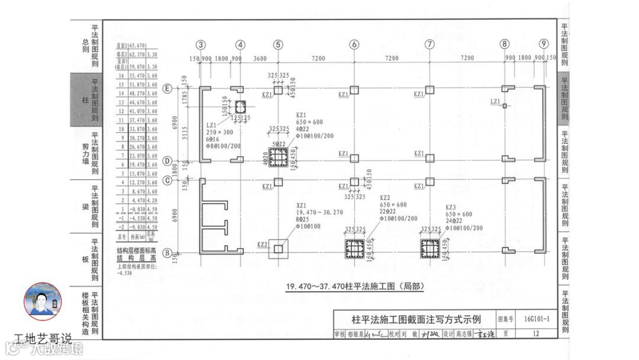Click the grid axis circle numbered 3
[x=201, y=44]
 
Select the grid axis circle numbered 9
[x=544, y=44]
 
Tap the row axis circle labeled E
[x=168, y=89]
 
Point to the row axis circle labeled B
[x=168, y=253]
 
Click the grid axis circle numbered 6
[x=354, y=44]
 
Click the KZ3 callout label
[x=451, y=207]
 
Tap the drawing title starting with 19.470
[x=355, y=287]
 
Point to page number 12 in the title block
[x=536, y=334]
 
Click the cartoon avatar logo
[x=43, y=302]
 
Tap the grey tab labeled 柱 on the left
[x=86, y=100]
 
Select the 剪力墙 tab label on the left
[x=86, y=153]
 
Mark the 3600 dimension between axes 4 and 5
[x=259, y=58]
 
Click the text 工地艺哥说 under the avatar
[x=43, y=339]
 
